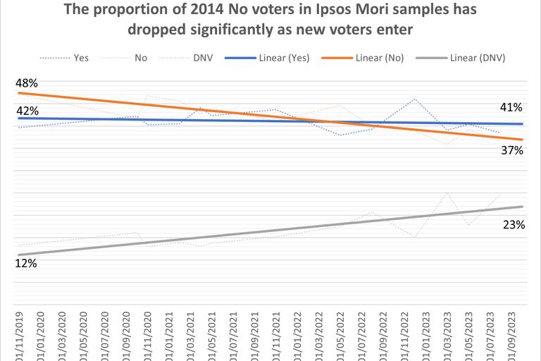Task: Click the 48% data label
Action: (x=27, y=82)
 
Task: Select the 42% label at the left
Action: (x=27, y=110)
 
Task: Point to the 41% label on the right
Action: (x=511, y=108)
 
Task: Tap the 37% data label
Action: (x=511, y=150)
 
